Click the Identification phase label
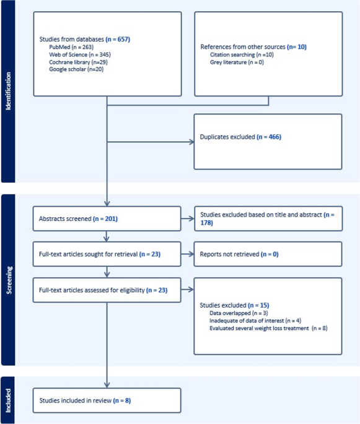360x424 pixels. point(8,91)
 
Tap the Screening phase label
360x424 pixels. point(9,280)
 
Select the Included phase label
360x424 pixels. point(8,400)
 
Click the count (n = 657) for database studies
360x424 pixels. point(118,39)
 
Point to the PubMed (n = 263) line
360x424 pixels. point(71,47)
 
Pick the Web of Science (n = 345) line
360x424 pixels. point(80,54)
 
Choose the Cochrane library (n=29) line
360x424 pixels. point(78,62)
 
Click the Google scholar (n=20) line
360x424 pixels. point(76,69)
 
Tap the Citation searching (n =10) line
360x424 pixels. point(242,54)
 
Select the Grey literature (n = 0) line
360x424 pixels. point(237,62)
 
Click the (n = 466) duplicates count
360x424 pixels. point(269,137)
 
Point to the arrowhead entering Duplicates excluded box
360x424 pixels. point(191,142)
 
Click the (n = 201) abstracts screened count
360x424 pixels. point(105,218)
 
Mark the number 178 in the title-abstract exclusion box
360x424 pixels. point(206,223)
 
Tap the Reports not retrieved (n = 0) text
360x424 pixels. point(239,254)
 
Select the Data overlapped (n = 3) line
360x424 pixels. point(239,313)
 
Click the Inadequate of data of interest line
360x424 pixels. point(255,321)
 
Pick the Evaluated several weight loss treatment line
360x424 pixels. point(268,328)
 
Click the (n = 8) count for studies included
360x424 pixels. point(122,400)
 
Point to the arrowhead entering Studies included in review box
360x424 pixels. point(107,385)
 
